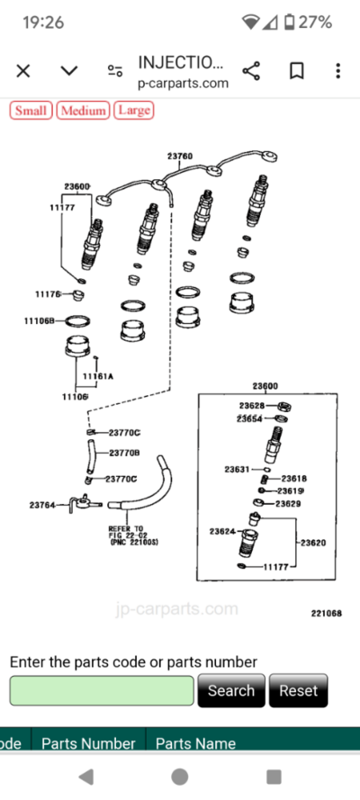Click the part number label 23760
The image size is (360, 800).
pyautogui.click(x=179, y=156)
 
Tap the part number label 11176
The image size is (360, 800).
pyautogui.click(x=48, y=294)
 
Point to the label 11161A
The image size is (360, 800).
pyautogui.click(x=98, y=376)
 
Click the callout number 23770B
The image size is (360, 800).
pyautogui.click(x=124, y=453)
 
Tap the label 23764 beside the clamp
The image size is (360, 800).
pyautogui.click(x=42, y=505)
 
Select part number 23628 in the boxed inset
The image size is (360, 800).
pyautogui.click(x=251, y=406)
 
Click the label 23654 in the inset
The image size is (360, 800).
pyautogui.click(x=250, y=418)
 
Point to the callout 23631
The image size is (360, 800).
pyautogui.click(x=237, y=469)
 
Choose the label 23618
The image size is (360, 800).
pyautogui.click(x=294, y=479)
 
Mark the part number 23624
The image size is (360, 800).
pyautogui.click(x=222, y=532)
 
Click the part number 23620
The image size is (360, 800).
pyautogui.click(x=313, y=543)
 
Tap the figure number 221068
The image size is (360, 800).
pyautogui.click(x=326, y=613)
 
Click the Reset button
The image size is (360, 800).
pyautogui.click(x=298, y=690)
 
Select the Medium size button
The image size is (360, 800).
pyautogui.click(x=83, y=111)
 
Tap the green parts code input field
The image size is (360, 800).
pyautogui.click(x=102, y=690)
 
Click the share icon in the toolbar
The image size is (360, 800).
pyautogui.click(x=252, y=70)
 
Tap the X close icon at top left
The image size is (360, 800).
pyautogui.click(x=23, y=70)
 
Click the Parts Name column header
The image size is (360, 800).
pyautogui.click(x=195, y=743)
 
